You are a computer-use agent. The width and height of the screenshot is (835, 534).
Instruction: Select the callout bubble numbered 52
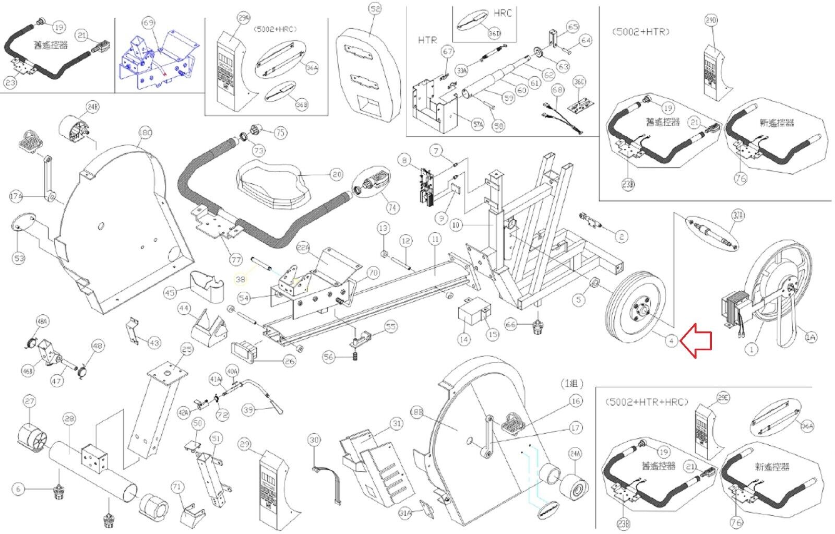point(375,9)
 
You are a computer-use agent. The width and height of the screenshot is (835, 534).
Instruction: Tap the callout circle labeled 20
point(337,174)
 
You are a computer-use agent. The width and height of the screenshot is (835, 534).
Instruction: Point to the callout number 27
point(29,401)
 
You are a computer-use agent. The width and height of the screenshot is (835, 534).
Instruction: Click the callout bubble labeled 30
point(314,440)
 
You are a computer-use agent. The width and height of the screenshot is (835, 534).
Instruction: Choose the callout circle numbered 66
point(510,325)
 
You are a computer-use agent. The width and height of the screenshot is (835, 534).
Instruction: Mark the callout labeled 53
point(19,258)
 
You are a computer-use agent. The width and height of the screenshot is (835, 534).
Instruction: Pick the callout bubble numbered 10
point(456,225)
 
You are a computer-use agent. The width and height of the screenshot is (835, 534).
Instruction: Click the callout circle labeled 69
point(149,23)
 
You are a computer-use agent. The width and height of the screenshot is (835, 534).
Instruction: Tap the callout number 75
point(281,133)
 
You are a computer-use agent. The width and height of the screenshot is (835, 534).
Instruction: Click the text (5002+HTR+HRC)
point(647,402)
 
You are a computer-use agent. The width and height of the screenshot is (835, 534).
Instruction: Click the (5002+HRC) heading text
point(276,30)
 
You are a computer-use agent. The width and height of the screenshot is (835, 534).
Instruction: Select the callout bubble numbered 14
point(463,339)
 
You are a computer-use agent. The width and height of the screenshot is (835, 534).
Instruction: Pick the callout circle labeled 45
point(170,293)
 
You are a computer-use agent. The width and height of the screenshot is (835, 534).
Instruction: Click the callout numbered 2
point(621,236)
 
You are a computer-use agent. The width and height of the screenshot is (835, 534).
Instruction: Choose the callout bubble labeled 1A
point(810,338)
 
